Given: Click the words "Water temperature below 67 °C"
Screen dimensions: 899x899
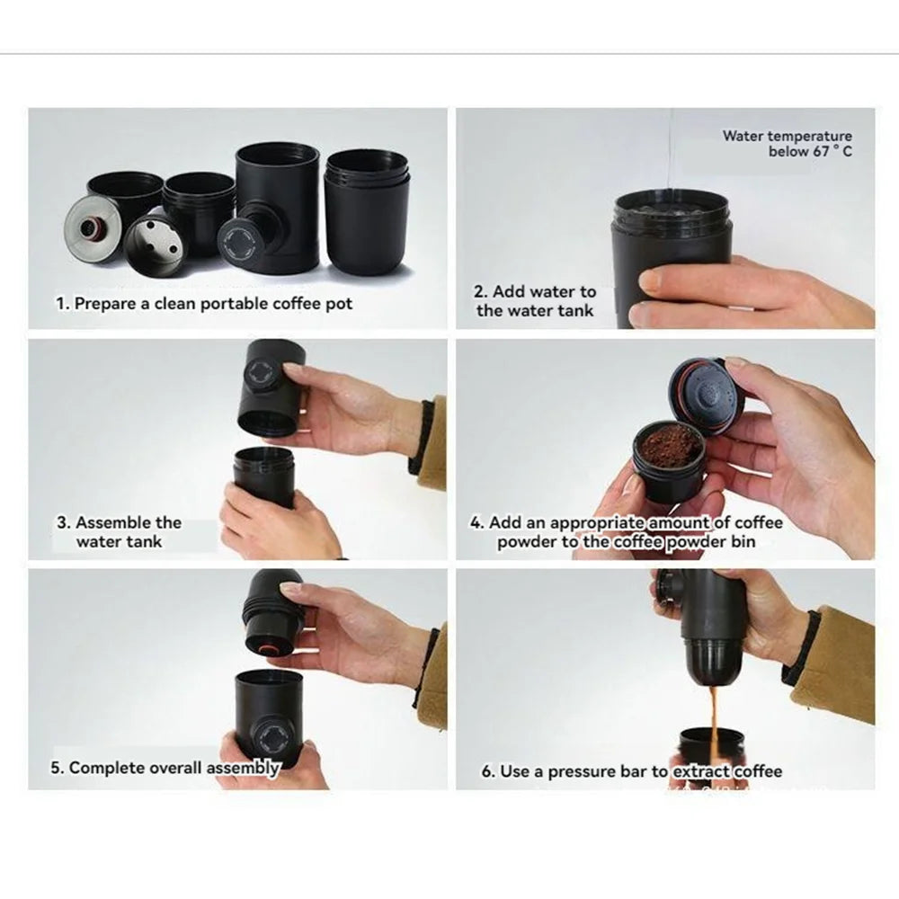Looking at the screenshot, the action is [x=788, y=143].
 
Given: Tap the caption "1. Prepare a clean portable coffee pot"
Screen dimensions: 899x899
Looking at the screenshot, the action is [x=204, y=303].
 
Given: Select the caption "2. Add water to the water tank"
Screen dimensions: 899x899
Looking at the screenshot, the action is [x=535, y=301].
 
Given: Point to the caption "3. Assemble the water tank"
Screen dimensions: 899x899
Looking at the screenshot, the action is [x=120, y=531].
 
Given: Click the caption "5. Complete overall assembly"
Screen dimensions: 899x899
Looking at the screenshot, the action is [x=165, y=768].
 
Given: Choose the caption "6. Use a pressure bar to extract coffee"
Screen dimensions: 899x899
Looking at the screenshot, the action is [x=631, y=771].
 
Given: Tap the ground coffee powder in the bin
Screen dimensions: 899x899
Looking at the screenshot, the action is [x=669, y=442].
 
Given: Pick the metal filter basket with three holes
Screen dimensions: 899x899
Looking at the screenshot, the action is [x=155, y=243].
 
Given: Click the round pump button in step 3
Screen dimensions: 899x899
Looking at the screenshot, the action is [x=262, y=376].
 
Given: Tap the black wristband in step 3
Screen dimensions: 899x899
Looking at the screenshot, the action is [x=423, y=437].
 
